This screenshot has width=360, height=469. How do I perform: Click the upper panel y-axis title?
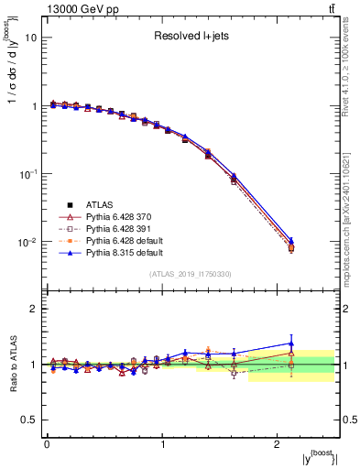pyautogui.click(x=13, y=73)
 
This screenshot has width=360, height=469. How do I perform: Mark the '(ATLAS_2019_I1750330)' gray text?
pyautogui.click(x=191, y=273)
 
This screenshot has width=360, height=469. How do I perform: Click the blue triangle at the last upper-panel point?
pyautogui.click(x=291, y=239)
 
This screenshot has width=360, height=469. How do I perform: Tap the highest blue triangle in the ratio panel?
pyautogui.click(x=291, y=344)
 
